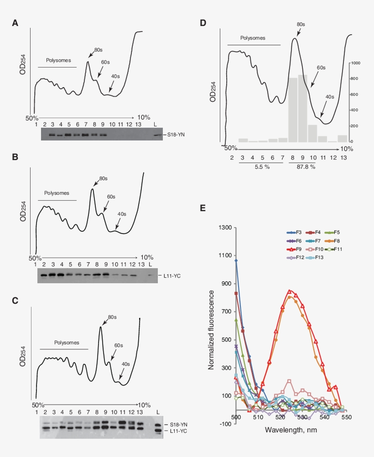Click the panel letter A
16,23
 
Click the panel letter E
203,208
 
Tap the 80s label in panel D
301,24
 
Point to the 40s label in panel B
122,214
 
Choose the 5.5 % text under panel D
262,167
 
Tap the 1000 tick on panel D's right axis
356,63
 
